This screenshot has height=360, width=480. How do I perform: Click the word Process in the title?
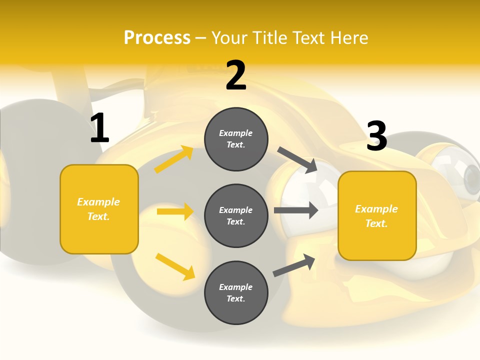coord(157,38)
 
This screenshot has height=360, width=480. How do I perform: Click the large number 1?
coord(99,128)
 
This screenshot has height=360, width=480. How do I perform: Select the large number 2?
coord(236,76)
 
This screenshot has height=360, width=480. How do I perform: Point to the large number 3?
coord(377,136)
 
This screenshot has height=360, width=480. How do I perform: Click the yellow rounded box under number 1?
coord(99,209)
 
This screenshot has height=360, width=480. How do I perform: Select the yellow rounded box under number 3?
coord(377,215)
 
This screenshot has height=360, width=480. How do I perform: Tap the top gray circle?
coord(236,139)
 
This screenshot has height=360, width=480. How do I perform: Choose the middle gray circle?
coord(236,215)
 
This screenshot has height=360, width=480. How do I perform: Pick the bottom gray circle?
coord(236,292)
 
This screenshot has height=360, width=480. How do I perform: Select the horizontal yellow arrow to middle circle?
coord(175,211)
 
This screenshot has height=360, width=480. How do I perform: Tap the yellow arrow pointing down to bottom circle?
coord(175,266)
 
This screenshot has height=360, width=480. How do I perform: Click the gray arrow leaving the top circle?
coord(297,159)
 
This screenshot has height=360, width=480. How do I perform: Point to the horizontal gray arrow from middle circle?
coord(296,210)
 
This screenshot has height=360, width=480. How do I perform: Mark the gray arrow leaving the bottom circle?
coord(294,265)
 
